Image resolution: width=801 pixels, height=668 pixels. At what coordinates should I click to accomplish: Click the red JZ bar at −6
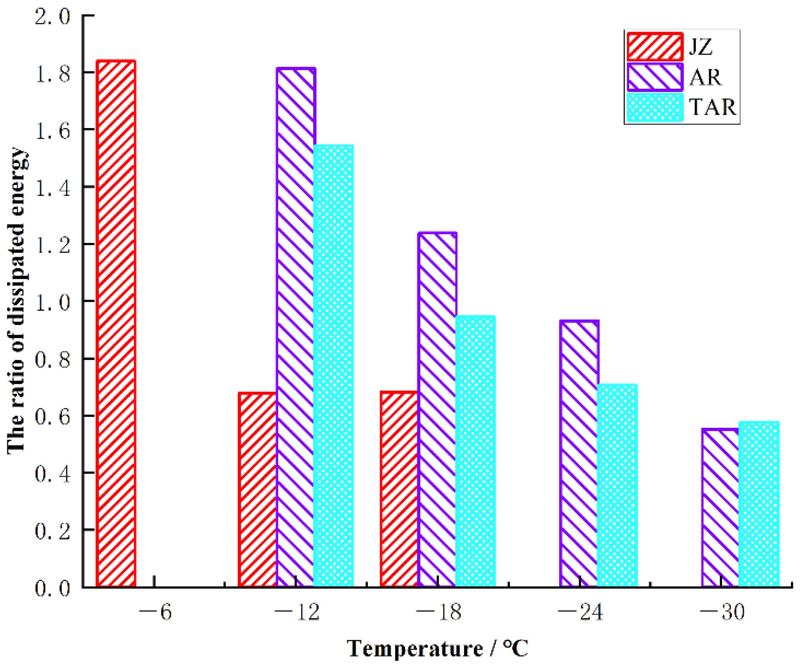point(116,323)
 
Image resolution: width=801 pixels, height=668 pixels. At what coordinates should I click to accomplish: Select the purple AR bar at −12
point(296,327)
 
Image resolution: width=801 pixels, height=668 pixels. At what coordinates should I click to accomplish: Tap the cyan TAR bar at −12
point(333,365)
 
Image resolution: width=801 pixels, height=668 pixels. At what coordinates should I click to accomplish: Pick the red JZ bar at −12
point(258,489)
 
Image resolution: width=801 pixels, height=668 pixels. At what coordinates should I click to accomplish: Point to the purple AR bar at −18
point(437,409)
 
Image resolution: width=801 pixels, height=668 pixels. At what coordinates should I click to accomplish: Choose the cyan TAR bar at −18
point(475,451)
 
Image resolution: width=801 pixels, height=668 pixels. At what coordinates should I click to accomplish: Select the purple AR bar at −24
point(579,453)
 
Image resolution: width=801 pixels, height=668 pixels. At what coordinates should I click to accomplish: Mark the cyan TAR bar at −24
point(617,485)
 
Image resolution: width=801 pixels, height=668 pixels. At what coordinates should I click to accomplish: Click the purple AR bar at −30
point(720,508)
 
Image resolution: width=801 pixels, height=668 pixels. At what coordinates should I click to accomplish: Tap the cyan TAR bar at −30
point(759,504)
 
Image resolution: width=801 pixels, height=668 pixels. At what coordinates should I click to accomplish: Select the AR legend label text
point(705,77)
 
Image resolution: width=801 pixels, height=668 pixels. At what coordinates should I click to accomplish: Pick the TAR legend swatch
point(655,108)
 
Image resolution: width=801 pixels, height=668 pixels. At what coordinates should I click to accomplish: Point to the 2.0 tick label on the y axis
point(52,17)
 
